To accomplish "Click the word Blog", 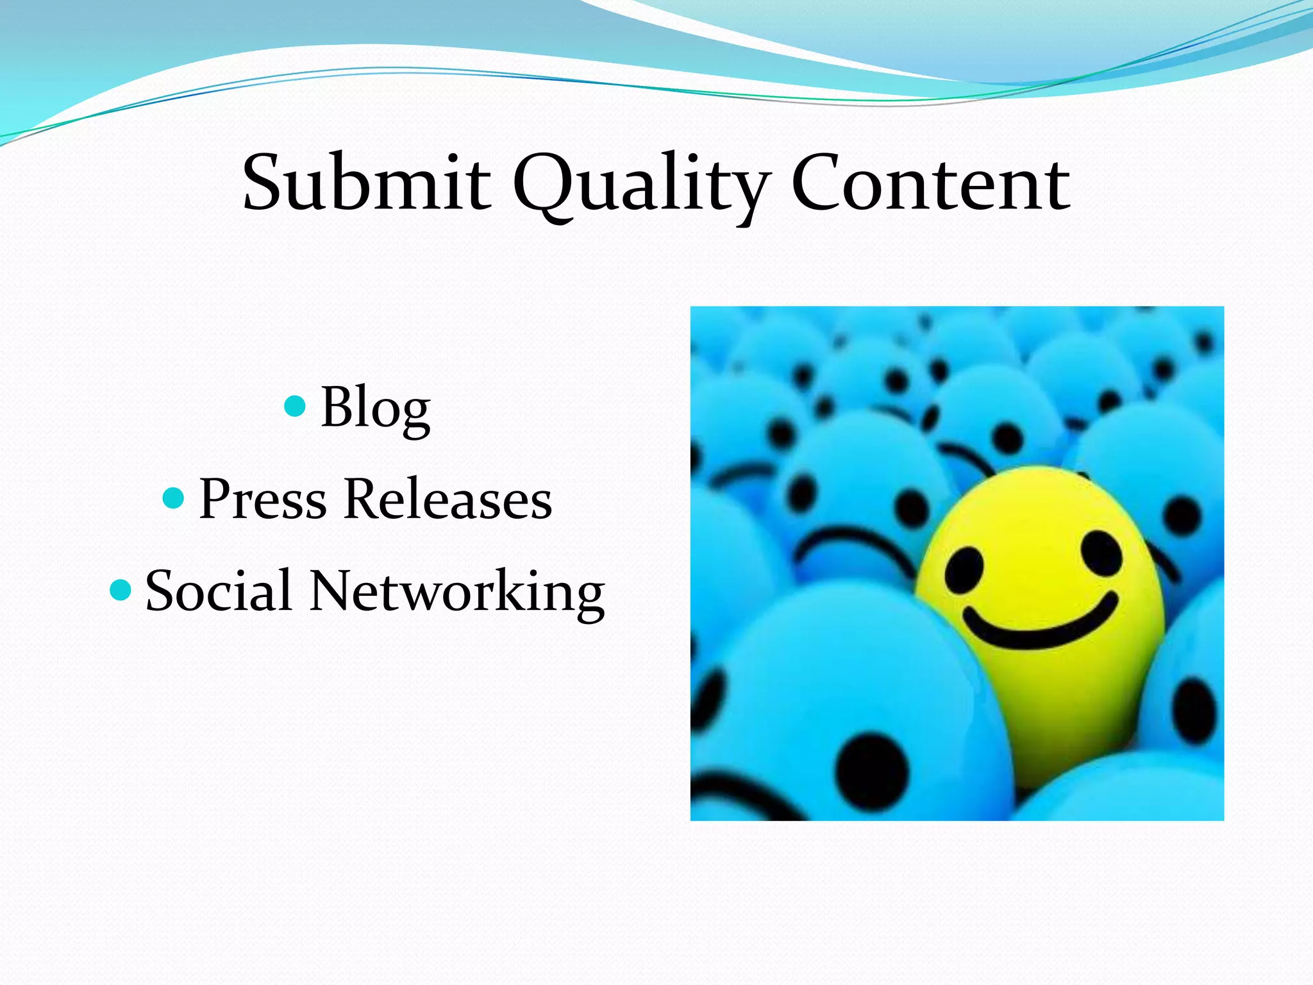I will click(x=375, y=408).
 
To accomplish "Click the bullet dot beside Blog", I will click(x=294, y=406).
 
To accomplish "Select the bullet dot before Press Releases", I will click(x=174, y=498).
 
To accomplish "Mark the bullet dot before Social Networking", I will click(x=121, y=589).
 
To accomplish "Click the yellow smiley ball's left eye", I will click(x=964, y=569).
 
